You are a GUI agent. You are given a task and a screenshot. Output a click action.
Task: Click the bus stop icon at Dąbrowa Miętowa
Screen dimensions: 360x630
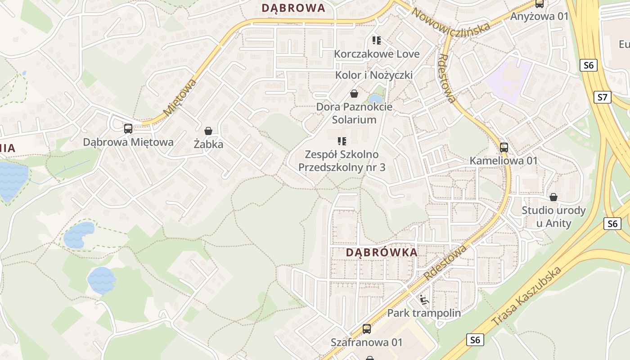pyautogui.click(x=128, y=129)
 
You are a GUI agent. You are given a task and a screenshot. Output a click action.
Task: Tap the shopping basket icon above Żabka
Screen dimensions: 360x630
pyautogui.click(x=208, y=131)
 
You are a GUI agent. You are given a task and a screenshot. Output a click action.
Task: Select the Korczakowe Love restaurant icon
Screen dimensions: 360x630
pyautogui.click(x=377, y=40)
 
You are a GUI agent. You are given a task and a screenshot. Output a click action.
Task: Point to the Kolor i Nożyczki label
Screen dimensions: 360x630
pyautogui.click(x=374, y=75)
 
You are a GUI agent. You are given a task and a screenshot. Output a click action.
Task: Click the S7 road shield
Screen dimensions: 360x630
pyautogui.click(x=603, y=97)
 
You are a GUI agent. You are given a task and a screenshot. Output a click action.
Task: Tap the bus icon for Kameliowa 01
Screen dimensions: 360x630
pyautogui.click(x=504, y=147)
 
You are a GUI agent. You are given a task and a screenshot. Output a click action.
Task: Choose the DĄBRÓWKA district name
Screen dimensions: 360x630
pyautogui.click(x=382, y=252)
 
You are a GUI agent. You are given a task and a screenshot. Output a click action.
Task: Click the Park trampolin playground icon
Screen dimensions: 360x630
pyautogui.click(x=424, y=300)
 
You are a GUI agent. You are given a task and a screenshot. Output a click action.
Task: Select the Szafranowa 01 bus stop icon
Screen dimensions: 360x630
pyautogui.click(x=367, y=329)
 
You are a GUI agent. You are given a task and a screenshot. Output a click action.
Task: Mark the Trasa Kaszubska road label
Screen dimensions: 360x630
pyautogui.click(x=526, y=296)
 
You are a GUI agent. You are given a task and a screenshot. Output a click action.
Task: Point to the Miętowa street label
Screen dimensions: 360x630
pyautogui.click(x=180, y=98)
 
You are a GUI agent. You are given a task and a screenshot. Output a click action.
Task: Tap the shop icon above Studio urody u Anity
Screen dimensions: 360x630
pyautogui.click(x=553, y=197)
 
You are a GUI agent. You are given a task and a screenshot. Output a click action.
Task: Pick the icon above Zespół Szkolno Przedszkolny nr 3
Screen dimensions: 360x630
pyautogui.click(x=342, y=141)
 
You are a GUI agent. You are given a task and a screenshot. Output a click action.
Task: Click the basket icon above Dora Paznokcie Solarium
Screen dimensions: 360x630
pyautogui.click(x=354, y=94)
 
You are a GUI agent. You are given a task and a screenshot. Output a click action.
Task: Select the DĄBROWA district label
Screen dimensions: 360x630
pyautogui.click(x=293, y=8)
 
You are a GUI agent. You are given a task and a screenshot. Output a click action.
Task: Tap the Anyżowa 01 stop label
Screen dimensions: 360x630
pyautogui.click(x=540, y=17)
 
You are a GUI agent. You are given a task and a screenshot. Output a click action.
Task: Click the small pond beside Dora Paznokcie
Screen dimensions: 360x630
pyautogui.click(x=375, y=99)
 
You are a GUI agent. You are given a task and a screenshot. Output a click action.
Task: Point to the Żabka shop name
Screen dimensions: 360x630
pyautogui.click(x=208, y=144)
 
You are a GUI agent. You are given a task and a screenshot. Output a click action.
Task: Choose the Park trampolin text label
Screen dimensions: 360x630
pyautogui.click(x=424, y=313)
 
